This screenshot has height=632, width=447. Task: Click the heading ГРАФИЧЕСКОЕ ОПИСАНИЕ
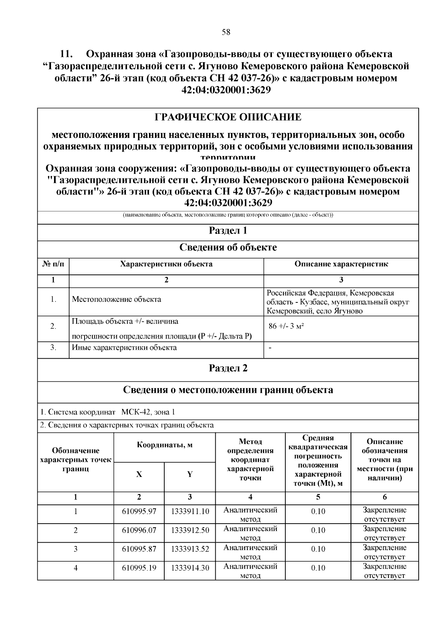click(228, 118)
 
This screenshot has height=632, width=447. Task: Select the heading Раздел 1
click(228, 231)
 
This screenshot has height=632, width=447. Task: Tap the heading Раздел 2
click(228, 368)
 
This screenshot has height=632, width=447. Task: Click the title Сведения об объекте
click(228, 248)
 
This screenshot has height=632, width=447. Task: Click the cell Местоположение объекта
click(117, 299)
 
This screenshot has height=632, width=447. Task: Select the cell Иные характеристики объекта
click(124, 348)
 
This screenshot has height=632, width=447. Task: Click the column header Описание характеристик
click(341, 264)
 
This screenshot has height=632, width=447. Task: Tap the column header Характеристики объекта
click(166, 264)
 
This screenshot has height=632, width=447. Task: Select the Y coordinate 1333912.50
click(190, 530)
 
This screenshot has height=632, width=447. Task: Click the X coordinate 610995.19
click(139, 568)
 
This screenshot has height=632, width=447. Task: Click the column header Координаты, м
click(165, 445)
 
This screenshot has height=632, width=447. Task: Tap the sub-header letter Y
click(190, 474)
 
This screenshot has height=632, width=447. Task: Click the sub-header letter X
click(139, 474)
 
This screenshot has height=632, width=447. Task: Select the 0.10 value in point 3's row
click(318, 549)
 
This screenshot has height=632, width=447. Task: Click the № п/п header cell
click(53, 264)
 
